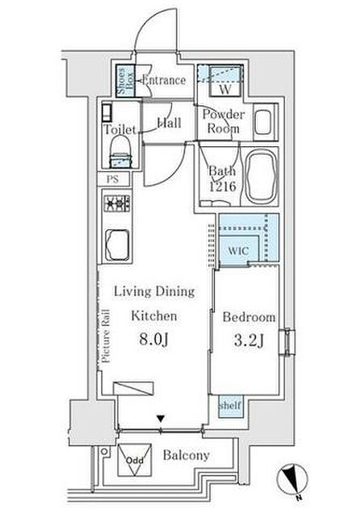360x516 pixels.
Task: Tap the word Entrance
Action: [164, 80]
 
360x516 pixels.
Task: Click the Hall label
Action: [169, 123]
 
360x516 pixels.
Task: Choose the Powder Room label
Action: [224, 121]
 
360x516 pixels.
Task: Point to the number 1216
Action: [223, 187]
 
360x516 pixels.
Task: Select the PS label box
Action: [113, 180]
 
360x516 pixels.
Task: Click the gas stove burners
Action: [117, 204]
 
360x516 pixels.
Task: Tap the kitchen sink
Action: [117, 245]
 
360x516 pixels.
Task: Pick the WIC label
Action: [238, 251]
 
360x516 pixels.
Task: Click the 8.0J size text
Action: [154, 339]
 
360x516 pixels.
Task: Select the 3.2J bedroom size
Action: [249, 341]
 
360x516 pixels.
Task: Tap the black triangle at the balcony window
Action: [160, 419]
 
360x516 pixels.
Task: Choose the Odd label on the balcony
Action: [135, 461]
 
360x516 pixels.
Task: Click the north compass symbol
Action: [292, 478]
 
